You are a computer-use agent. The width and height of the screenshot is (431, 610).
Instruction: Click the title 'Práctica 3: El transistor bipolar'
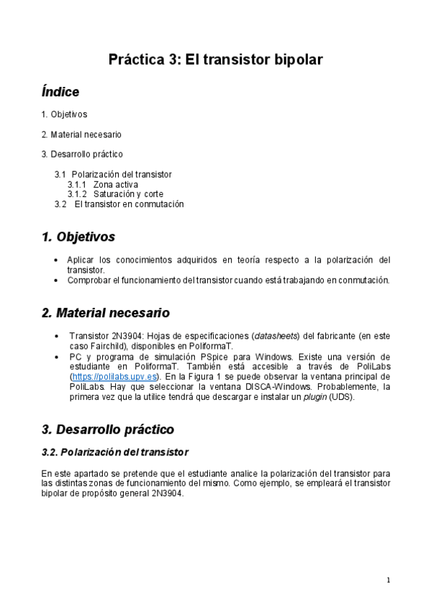click(215, 60)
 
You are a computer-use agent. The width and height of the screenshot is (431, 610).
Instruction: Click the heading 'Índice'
click(60, 92)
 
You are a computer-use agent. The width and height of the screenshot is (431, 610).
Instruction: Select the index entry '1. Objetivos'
click(64, 114)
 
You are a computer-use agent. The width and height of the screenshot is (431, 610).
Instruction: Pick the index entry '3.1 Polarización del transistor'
click(113, 174)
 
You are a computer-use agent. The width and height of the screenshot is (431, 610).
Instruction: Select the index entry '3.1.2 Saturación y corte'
click(115, 194)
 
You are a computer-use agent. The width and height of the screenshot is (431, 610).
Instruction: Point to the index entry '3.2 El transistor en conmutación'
click(119, 204)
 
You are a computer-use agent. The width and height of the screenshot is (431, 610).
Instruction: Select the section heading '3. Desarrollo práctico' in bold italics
click(108, 429)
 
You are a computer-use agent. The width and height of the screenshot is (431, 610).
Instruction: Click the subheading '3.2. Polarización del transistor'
click(115, 452)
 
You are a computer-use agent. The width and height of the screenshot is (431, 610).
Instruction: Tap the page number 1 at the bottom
click(389, 580)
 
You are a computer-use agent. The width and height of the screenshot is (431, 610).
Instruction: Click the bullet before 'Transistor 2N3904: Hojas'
click(58, 336)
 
